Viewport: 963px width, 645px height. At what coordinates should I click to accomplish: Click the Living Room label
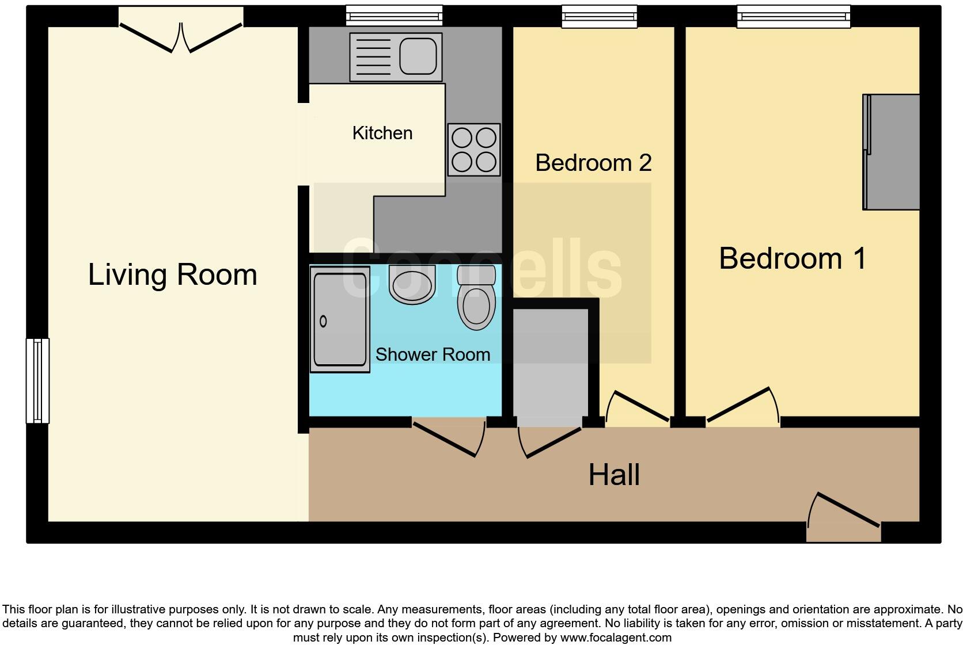172,274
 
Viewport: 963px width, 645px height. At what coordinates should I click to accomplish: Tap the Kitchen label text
382,133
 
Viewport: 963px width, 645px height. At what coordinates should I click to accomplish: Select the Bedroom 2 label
593,163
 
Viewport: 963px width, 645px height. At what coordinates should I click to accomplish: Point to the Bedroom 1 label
793,258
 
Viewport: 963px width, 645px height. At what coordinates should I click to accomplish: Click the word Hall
614,475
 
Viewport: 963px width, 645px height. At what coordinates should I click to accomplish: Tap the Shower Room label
433,354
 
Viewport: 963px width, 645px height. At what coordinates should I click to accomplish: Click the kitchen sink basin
418,56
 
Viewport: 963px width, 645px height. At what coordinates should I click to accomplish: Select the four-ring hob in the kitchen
474,150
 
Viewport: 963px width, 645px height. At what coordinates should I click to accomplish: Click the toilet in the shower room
476,299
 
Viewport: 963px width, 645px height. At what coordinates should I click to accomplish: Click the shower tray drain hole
323,321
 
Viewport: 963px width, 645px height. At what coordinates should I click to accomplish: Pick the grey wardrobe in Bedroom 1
891,152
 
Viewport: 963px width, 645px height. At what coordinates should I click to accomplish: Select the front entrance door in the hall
844,516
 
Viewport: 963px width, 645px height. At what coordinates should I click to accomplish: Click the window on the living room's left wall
37,380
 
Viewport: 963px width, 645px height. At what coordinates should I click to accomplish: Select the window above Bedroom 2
599,16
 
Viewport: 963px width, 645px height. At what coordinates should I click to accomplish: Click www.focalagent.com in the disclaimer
615,638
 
